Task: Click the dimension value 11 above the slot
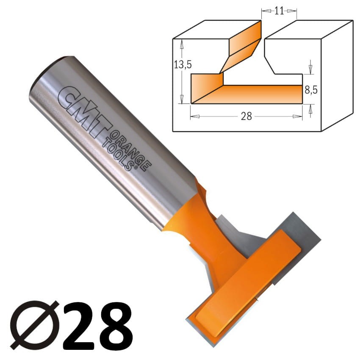[x=279, y=11]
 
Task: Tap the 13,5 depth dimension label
[x=183, y=65]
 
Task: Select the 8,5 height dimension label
[x=311, y=90]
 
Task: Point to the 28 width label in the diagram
[x=246, y=116]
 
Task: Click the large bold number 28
[x=97, y=326]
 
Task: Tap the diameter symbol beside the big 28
[x=34, y=325]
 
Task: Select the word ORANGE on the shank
[x=131, y=151]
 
